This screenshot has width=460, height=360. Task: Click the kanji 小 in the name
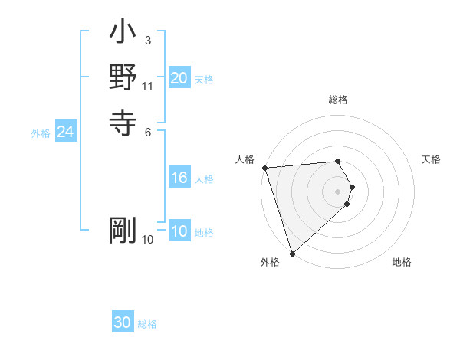[x=123, y=35]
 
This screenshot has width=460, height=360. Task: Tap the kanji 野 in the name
[x=123, y=77]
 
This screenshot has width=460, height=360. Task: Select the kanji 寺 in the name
[x=123, y=120]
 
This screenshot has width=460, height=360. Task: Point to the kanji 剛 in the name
[x=123, y=230]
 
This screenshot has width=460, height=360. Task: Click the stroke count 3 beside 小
[x=148, y=40]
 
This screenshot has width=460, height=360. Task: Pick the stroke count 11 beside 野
[x=148, y=86]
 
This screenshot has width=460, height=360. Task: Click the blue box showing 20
[x=179, y=78]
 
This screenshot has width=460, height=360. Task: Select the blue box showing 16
[x=179, y=178]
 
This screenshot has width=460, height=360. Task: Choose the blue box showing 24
[x=65, y=133]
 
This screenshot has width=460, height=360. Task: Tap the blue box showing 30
[x=122, y=323]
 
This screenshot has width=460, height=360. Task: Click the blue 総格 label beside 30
[x=147, y=324]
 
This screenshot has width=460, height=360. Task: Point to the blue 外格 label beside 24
[x=41, y=133]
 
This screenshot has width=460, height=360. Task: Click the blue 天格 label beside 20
[x=204, y=79]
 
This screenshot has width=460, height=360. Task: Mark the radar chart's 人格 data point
[x=264, y=168]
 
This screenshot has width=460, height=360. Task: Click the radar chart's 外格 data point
[x=292, y=253]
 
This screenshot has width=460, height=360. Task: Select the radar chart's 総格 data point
[x=337, y=161]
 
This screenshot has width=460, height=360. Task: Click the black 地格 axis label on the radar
[x=402, y=263]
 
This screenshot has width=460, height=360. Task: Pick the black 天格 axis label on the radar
[x=431, y=159]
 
